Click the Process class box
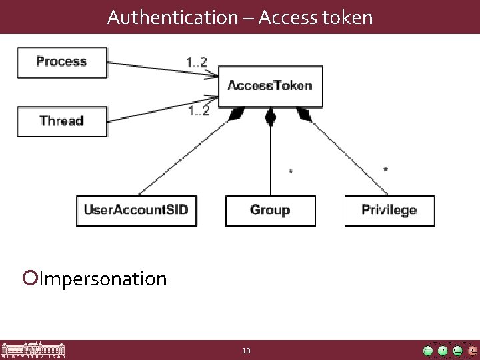coord(62,62)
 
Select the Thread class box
coord(62,121)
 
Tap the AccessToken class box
coord(270,86)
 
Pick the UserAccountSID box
coord(137,210)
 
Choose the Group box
coord(270,210)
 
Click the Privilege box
coord(389,210)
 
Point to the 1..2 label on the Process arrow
coord(197,62)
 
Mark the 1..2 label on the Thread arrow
coord(198,110)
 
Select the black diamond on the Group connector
coord(270,119)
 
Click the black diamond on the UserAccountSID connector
coord(235,117)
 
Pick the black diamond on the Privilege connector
coord(304,116)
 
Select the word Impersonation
coord(103,278)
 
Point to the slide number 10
coord(246,351)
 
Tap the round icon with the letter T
coord(443,351)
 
